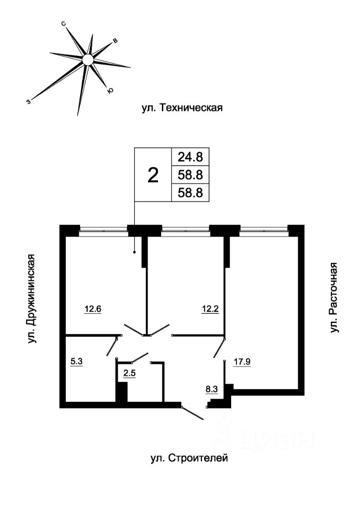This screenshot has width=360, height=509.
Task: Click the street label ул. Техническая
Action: pyautogui.click(x=182, y=108)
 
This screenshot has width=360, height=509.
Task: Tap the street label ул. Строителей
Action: pyautogui.click(x=189, y=458)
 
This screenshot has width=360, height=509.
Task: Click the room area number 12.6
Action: pyautogui.click(x=93, y=309)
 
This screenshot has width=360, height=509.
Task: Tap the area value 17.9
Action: pyautogui.click(x=242, y=362)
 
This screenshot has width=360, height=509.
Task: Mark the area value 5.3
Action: pyautogui.click(x=76, y=362)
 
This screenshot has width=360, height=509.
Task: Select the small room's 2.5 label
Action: pyautogui.click(x=129, y=373)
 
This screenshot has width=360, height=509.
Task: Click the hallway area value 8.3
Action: pyautogui.click(x=211, y=389)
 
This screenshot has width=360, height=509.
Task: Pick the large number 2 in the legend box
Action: pyautogui.click(x=153, y=175)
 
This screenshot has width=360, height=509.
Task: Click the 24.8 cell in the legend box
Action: pyautogui.click(x=190, y=157)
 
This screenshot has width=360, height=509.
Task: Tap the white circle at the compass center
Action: pyautogui.click(x=87, y=59)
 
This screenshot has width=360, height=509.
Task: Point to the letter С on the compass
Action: pyautogui.click(x=64, y=24)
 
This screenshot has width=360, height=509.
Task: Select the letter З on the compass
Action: pyautogui.click(x=29, y=102)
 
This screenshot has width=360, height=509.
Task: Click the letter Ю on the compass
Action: pyautogui.click(x=110, y=91)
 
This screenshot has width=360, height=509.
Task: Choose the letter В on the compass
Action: pyautogui.click(x=115, y=41)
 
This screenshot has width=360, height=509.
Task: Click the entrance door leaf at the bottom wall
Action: pyautogui.click(x=192, y=413)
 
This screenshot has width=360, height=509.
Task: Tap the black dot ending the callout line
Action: pyautogui.click(x=134, y=252)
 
